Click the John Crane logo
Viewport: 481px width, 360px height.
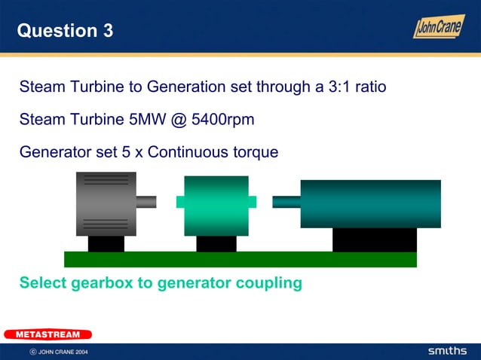tap(438, 26)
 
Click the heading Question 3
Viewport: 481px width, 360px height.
tap(65, 31)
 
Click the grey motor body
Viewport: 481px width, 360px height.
tap(106, 203)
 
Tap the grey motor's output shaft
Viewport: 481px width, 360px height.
tap(146, 202)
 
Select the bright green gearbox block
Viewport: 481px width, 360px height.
tap(216, 206)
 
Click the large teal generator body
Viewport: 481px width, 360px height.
tap(370, 203)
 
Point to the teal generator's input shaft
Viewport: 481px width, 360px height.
tap(286, 202)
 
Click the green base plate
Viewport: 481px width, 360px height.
tap(240, 259)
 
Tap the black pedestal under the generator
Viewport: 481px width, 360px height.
tap(374, 239)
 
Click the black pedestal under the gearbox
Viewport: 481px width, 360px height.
tap(216, 243)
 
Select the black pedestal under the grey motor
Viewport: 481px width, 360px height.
tap(106, 243)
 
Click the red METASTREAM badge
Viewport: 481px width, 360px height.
tap(47, 334)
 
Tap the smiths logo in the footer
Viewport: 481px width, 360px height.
tap(448, 351)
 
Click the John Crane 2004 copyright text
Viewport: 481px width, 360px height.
tap(58, 352)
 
